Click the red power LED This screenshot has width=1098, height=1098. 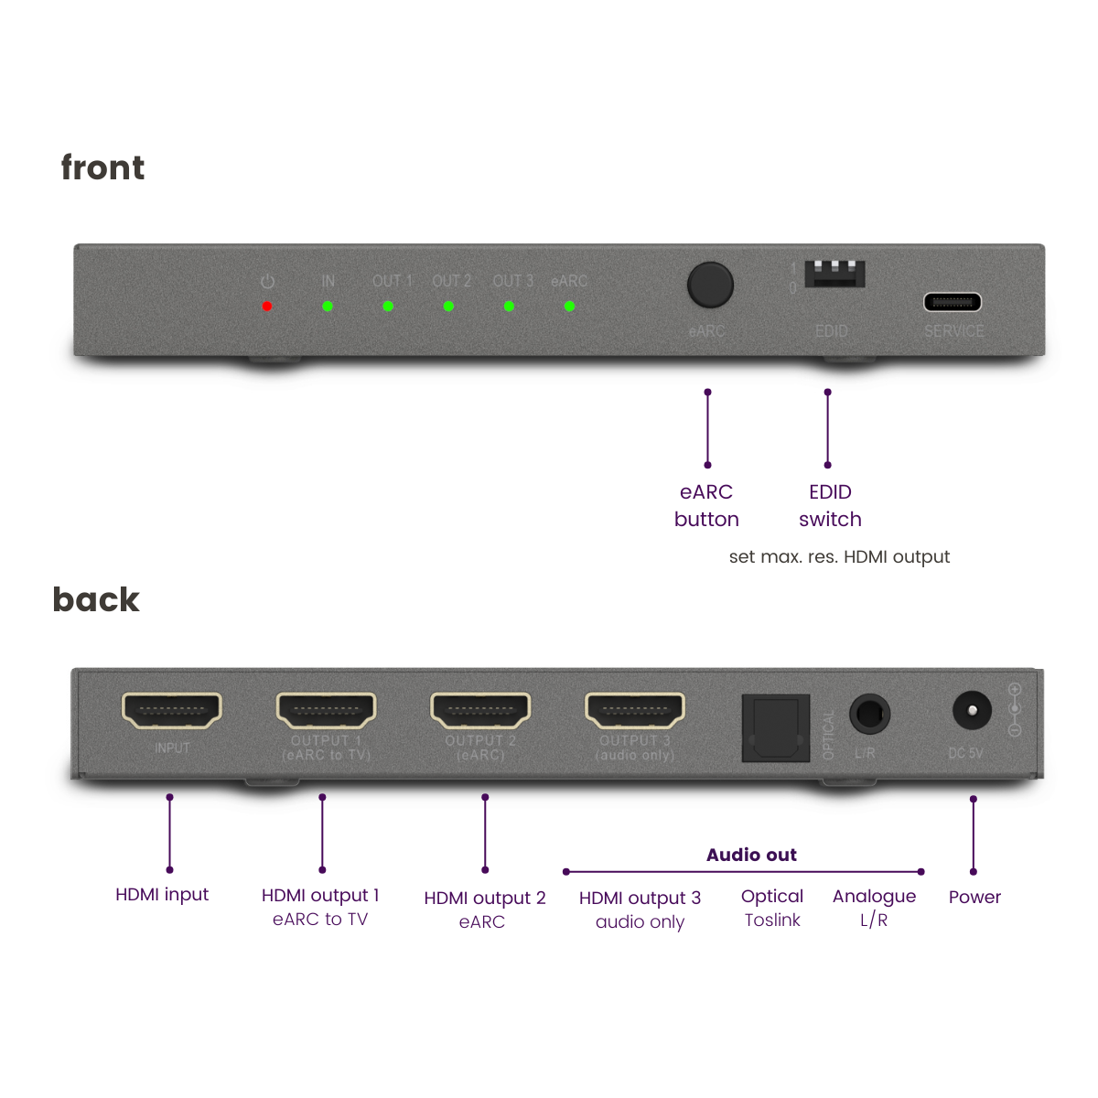(x=267, y=307)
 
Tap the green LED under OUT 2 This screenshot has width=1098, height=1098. (x=448, y=307)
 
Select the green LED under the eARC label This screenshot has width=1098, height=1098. (x=569, y=307)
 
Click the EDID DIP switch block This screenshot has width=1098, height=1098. (x=834, y=274)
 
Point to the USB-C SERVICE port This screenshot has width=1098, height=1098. (x=953, y=302)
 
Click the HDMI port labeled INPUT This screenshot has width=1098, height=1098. (x=172, y=711)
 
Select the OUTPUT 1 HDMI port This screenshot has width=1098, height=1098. (x=327, y=711)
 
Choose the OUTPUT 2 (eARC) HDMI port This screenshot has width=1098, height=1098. (x=480, y=711)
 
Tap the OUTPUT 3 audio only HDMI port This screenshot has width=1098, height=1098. (x=635, y=711)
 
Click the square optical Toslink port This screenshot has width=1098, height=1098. (x=776, y=728)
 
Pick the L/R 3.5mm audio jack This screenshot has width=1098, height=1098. (x=869, y=714)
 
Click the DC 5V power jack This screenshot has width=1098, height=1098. (x=972, y=711)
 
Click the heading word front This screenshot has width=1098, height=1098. (x=102, y=168)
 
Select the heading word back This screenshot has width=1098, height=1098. (x=96, y=600)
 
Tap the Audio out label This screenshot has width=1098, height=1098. (x=751, y=855)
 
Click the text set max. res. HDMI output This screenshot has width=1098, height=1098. (x=839, y=557)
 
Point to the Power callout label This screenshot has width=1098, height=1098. (x=974, y=898)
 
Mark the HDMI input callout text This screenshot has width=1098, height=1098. (x=162, y=895)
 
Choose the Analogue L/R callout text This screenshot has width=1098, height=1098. (x=874, y=908)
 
